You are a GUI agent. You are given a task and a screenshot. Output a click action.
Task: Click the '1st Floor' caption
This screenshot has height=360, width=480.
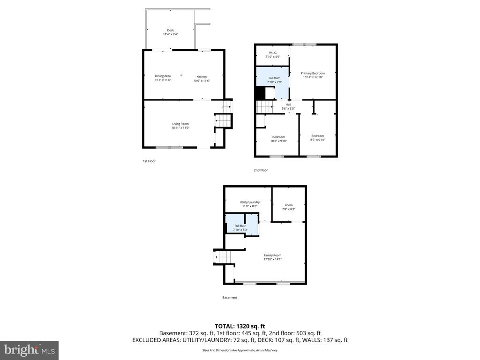[149, 161]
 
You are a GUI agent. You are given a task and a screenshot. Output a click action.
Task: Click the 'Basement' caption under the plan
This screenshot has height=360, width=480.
[230, 298]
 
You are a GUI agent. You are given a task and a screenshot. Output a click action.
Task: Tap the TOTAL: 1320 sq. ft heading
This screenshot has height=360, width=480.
[240, 326]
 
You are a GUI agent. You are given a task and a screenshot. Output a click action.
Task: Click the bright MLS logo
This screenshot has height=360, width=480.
[29, 350]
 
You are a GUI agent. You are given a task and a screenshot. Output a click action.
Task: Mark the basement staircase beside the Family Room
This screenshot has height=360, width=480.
[224, 257]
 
